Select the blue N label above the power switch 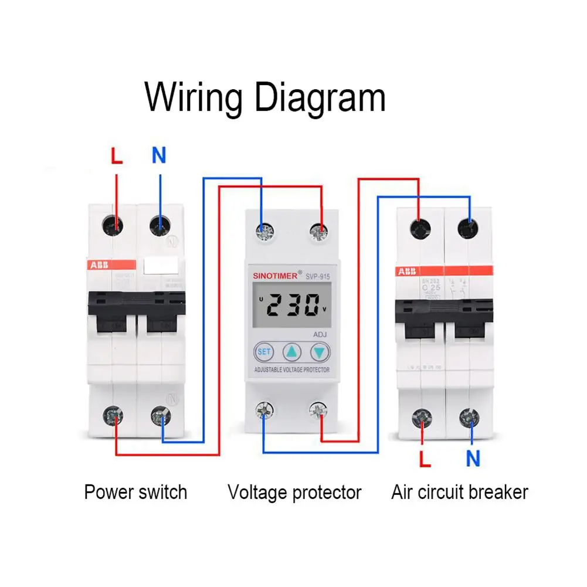pyautogui.click(x=159, y=155)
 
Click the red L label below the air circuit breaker pyautogui.click(x=425, y=459)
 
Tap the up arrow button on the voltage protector pyautogui.click(x=291, y=352)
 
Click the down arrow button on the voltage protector pyautogui.click(x=319, y=352)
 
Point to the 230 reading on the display pyautogui.click(x=291, y=305)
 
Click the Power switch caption pyautogui.click(x=135, y=491)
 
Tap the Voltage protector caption pyautogui.click(x=294, y=491)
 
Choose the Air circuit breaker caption pyautogui.click(x=460, y=491)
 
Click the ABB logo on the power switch pyautogui.click(x=98, y=264)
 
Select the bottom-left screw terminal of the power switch pyautogui.click(x=113, y=417)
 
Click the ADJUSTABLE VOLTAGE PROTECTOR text pyautogui.click(x=291, y=370)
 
